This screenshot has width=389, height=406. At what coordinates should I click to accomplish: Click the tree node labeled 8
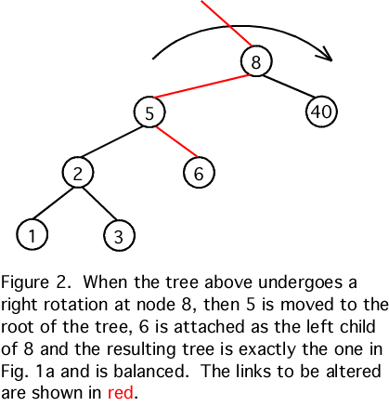coord(256,61)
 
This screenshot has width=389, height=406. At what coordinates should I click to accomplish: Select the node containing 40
coord(321,111)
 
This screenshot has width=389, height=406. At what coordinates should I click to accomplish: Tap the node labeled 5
coord(149,111)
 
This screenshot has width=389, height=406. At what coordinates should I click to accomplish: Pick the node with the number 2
coord(78,173)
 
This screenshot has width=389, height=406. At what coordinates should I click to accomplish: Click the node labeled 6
coord(199,173)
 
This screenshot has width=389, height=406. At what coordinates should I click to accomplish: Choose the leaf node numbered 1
coord(32,234)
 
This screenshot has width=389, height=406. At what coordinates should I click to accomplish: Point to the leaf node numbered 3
coord(119,235)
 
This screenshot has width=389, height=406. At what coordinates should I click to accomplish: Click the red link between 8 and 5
coord(201,86)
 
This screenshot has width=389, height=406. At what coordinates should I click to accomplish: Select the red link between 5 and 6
coord(176,141)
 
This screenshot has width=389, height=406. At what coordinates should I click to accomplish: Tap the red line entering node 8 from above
coord(227,23)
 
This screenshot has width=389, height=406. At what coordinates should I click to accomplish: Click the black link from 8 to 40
coord(289,86)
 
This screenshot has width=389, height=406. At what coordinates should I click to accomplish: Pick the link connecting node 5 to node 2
coord(111,141)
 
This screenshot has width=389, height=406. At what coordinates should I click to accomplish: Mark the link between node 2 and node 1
coord(52,203)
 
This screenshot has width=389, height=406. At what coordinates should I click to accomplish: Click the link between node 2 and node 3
coord(100,203)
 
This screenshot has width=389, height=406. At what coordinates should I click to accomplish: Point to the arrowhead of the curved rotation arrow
coord(325,54)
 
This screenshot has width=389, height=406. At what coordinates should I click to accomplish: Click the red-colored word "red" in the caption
coord(121,392)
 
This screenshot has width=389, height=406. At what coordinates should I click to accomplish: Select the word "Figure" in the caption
coord(25,282)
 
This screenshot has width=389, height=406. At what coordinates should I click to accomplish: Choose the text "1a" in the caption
coord(45,372)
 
